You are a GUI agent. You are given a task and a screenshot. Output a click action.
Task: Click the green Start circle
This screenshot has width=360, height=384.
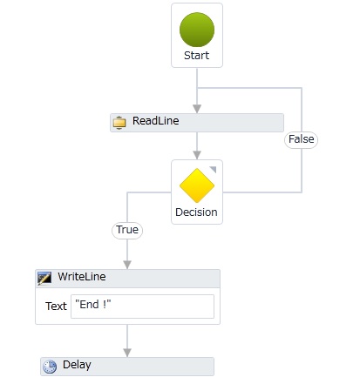pyautogui.click(x=197, y=30)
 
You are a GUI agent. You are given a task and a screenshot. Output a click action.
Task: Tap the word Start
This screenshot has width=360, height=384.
pyautogui.click(x=196, y=55)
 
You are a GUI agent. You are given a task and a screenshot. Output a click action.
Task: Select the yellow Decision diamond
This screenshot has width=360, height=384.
pyautogui.click(x=197, y=185)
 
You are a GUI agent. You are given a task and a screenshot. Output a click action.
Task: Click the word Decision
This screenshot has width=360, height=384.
pyautogui.click(x=196, y=212)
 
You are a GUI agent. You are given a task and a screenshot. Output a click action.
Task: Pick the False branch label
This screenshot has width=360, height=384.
pyautogui.click(x=301, y=139)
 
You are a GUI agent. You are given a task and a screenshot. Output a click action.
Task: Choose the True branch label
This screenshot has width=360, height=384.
pyautogui.click(x=127, y=230)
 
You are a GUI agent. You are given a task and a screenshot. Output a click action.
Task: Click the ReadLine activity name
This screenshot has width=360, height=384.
pyautogui.click(x=155, y=121)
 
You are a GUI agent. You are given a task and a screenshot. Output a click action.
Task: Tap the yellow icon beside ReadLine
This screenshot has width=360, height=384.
pyautogui.click(x=119, y=122)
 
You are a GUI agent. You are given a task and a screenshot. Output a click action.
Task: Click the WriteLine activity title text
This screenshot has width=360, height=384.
pyautogui.click(x=82, y=277)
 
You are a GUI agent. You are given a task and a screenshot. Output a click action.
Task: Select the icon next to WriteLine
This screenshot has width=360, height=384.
pyautogui.click(x=44, y=279)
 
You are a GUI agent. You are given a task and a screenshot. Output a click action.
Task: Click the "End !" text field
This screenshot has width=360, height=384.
pyautogui.click(x=142, y=307)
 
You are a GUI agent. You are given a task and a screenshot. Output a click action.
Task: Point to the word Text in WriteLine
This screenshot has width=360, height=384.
pyautogui.click(x=56, y=307)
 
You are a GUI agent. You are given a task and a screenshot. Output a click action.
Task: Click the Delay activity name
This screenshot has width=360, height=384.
pyautogui.click(x=77, y=365)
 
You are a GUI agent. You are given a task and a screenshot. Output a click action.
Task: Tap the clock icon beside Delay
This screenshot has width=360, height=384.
pyautogui.click(x=50, y=367)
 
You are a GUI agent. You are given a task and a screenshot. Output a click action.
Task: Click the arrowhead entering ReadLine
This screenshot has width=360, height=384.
pyautogui.click(x=197, y=109)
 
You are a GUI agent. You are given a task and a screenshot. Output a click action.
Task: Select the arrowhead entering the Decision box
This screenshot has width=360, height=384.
pyautogui.click(x=197, y=155)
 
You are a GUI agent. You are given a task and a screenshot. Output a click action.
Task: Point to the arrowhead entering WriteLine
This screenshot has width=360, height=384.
pyautogui.click(x=127, y=265)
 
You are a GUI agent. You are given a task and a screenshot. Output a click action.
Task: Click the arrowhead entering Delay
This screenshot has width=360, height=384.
pyautogui.click(x=127, y=353)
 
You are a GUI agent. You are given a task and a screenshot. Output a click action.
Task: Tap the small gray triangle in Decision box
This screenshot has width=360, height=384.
pyautogui.click(x=214, y=169)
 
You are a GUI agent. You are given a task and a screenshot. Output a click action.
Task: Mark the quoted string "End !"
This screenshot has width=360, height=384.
pyautogui.click(x=93, y=305)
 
